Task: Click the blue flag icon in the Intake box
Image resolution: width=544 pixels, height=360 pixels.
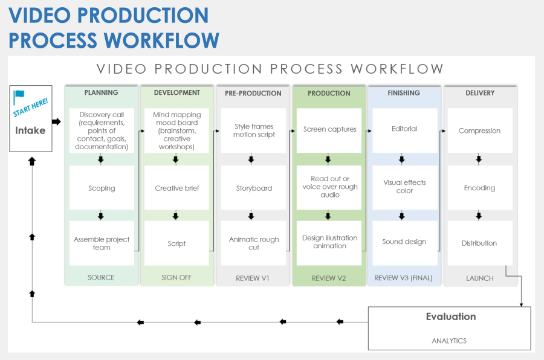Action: click(19, 96)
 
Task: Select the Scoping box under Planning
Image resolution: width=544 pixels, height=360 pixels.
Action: click(102, 188)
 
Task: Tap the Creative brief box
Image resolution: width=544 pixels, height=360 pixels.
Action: click(176, 188)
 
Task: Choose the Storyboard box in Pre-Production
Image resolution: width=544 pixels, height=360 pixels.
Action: click(254, 188)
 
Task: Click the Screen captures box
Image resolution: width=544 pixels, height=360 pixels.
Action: click(329, 129)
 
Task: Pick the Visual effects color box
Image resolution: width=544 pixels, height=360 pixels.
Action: click(404, 187)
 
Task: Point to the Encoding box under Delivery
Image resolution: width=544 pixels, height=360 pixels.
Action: click(479, 188)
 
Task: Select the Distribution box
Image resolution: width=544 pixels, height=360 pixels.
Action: click(479, 243)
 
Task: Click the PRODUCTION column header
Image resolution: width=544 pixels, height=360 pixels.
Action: click(329, 94)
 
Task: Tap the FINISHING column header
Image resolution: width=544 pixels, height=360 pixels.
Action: click(404, 93)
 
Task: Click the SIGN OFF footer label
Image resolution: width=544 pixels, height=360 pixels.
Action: click(176, 278)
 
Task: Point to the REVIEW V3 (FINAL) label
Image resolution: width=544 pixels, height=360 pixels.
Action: click(404, 278)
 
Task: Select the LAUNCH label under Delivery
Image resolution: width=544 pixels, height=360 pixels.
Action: click(480, 278)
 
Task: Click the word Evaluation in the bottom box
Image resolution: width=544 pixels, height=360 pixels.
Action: click(450, 317)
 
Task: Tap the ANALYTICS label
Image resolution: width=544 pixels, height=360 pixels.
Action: click(449, 341)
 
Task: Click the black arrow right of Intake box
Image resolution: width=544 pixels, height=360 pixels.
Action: click(56, 121)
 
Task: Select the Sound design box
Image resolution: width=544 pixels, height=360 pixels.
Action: click(404, 242)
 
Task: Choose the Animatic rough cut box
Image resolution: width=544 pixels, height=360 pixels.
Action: click(254, 243)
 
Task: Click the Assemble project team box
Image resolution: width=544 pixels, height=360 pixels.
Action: click(102, 243)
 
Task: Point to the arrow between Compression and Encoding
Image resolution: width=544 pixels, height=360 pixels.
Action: click(479, 159)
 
